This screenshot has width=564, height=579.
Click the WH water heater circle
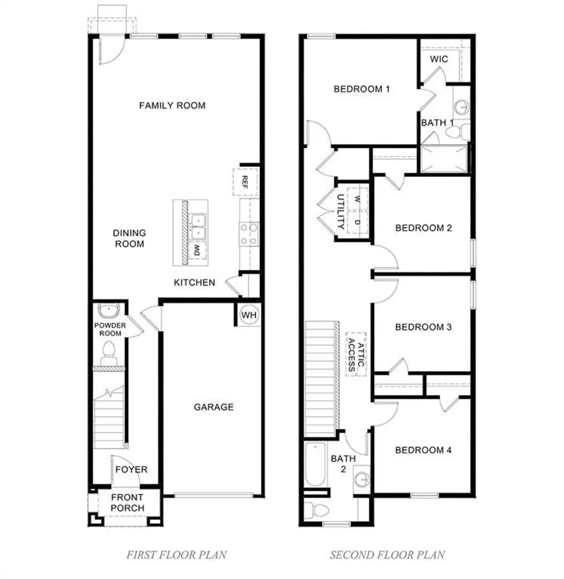click(x=249, y=315)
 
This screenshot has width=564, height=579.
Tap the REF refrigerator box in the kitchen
click(x=245, y=182)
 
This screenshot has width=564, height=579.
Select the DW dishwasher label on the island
click(x=197, y=252)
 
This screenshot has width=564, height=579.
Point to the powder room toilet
click(x=108, y=353)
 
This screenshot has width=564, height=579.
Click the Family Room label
click(x=172, y=105)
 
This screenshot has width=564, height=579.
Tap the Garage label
click(x=213, y=407)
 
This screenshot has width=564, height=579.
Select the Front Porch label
click(x=127, y=503)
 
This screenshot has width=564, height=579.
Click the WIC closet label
click(x=439, y=59)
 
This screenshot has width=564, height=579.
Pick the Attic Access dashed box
click(x=356, y=354)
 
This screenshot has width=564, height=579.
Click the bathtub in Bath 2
click(x=315, y=464)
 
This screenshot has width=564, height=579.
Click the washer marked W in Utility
click(x=357, y=199)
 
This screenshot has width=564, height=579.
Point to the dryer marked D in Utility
click(x=357, y=223)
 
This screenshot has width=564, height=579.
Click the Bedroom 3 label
click(x=423, y=327)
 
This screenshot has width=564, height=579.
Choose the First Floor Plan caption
click(x=176, y=555)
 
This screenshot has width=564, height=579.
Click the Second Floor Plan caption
click(x=387, y=555)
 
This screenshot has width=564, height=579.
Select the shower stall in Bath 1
click(x=444, y=159)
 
